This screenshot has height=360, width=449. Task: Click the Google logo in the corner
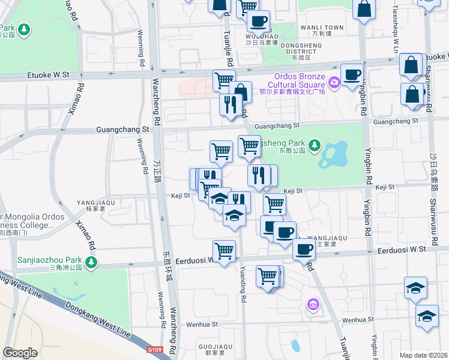(20, 353)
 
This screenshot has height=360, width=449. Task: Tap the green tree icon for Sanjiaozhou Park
(91, 262)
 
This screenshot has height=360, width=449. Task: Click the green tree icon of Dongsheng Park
(313, 145)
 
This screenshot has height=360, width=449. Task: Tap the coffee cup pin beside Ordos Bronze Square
(352, 75)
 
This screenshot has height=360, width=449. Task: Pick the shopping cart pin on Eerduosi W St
(224, 250)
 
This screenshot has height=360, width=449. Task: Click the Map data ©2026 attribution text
(423, 355)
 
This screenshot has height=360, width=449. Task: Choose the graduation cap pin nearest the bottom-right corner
(427, 316)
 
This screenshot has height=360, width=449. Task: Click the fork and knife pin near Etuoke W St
(231, 105)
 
